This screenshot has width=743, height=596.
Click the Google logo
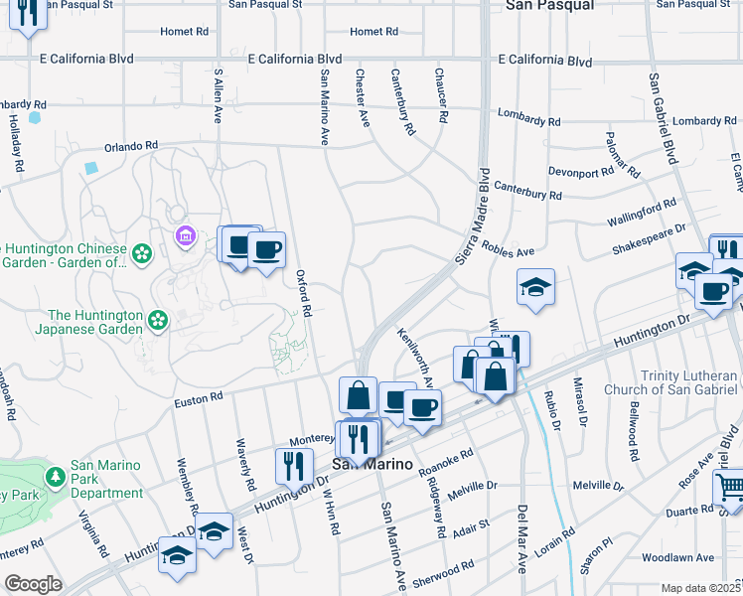[33, 583]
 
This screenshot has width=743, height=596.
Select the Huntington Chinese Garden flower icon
[143, 254]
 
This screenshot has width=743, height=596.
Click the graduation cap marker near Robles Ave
[535, 286]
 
